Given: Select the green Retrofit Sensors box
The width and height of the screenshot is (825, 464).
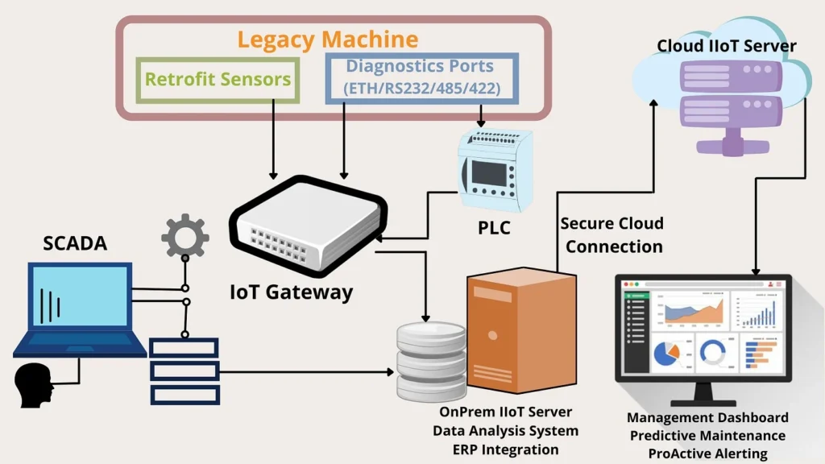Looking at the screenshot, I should click(x=218, y=80).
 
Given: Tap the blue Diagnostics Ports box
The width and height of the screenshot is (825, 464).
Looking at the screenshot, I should click(x=422, y=78).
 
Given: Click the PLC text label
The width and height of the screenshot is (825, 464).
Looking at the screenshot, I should click(x=494, y=228).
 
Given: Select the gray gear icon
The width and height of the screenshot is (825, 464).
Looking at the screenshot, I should click(x=184, y=235).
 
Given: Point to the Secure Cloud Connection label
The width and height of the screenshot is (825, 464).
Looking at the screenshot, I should click(x=613, y=234).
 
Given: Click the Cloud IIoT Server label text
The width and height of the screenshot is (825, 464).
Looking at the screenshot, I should click(x=726, y=46).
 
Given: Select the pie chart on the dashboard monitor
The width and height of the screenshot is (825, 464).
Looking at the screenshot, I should click(x=666, y=353).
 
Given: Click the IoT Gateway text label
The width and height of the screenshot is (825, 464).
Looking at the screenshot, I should click(x=291, y=292).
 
